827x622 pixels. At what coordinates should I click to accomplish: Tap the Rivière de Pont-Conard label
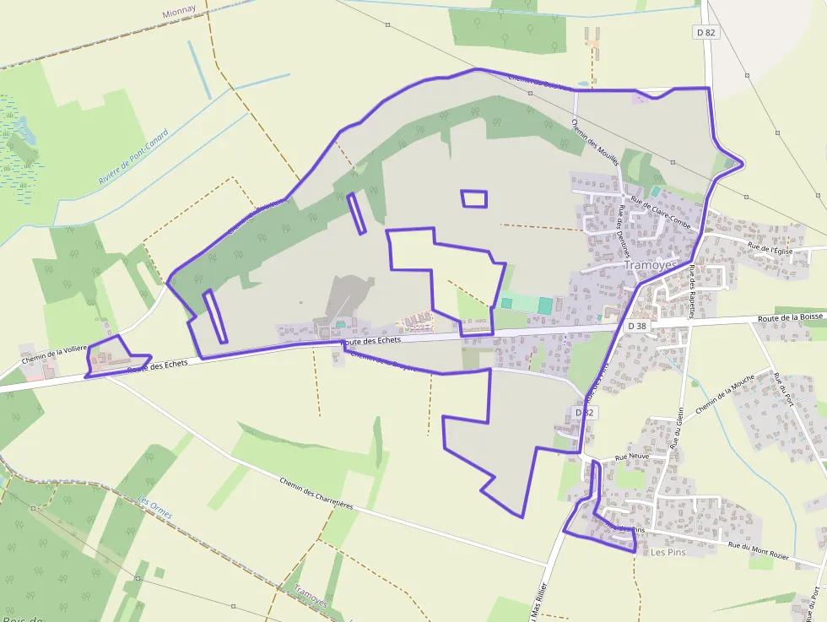(x=133, y=157)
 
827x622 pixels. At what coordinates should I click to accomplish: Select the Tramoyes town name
(x=651, y=264)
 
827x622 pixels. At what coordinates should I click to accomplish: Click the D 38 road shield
(x=637, y=326)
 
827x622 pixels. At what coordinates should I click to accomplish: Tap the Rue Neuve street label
(x=632, y=457)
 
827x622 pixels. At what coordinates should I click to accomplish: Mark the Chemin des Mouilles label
(x=596, y=143)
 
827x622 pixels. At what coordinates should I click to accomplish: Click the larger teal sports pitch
(x=545, y=305)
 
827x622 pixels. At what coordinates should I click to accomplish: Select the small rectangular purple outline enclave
(x=474, y=198)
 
